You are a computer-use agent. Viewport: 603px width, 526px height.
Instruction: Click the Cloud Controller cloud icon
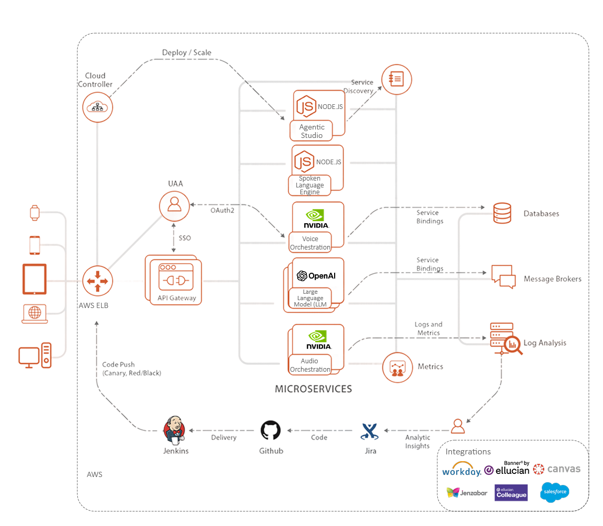(x=97, y=106)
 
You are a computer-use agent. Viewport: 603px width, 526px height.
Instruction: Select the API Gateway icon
(x=173, y=280)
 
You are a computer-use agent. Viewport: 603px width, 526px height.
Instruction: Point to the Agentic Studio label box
(x=311, y=131)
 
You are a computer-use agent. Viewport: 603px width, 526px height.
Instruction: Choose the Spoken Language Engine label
(x=310, y=185)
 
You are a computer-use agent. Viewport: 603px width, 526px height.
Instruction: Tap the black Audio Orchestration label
(x=310, y=365)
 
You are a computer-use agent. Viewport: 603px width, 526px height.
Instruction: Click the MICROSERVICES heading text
(x=313, y=389)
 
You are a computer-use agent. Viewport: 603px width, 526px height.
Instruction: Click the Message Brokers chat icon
(x=502, y=276)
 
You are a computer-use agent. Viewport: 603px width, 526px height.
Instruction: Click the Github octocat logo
(x=271, y=430)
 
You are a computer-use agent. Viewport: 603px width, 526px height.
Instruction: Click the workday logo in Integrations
(x=461, y=470)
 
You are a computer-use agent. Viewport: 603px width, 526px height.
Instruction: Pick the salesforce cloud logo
(x=555, y=493)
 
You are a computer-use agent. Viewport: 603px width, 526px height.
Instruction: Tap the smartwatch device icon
(x=35, y=213)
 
